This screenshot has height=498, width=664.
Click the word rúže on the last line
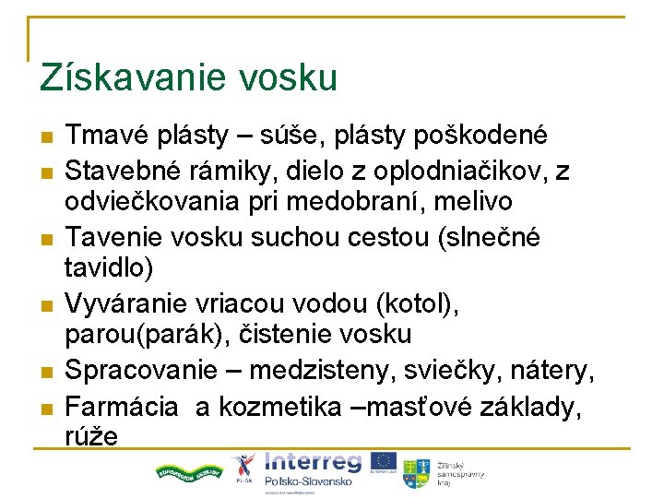[x=92, y=435]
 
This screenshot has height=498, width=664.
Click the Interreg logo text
[x=313, y=462]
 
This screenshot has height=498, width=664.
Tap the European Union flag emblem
[x=384, y=462]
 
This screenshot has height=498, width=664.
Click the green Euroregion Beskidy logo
[x=189, y=471]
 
